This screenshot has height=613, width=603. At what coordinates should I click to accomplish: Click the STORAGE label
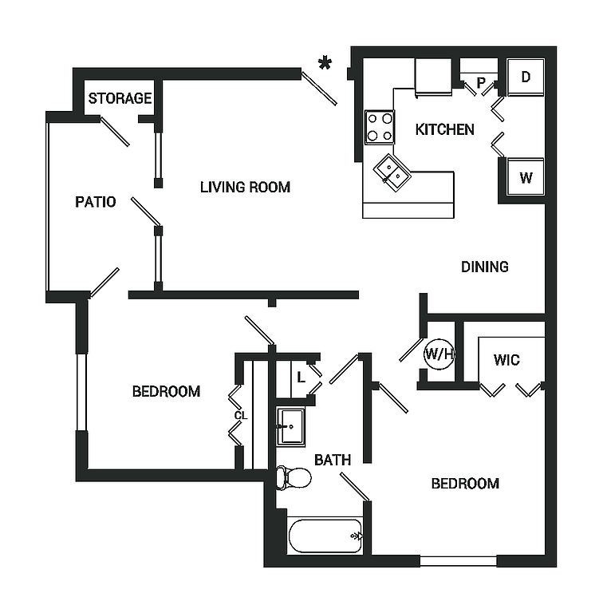pyautogui.click(x=120, y=99)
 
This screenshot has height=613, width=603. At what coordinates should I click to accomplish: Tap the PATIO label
pyautogui.click(x=96, y=202)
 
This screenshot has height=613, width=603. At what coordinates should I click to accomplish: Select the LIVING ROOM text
pyautogui.click(x=245, y=188)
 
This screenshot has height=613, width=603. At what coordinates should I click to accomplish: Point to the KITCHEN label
pyautogui.click(x=445, y=129)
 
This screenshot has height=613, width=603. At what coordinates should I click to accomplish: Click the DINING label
pyautogui.click(x=485, y=267)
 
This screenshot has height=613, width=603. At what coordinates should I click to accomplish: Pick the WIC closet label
pyautogui.click(x=506, y=360)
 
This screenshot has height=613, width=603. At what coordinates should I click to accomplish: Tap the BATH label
pyautogui.click(x=333, y=460)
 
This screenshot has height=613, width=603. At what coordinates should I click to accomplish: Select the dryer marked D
pyautogui.click(x=526, y=77)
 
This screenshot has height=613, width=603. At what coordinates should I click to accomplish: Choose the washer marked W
pyautogui.click(x=526, y=177)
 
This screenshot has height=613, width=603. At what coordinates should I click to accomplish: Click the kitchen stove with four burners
pyautogui.click(x=380, y=126)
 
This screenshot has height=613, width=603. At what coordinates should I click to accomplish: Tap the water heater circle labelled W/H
pyautogui.click(x=438, y=354)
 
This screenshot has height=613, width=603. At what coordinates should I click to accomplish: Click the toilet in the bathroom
pyautogui.click(x=293, y=478)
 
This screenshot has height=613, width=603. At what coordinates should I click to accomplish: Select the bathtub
pyautogui.click(x=325, y=536)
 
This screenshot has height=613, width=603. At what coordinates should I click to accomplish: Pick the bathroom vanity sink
pyautogui.click(x=290, y=426)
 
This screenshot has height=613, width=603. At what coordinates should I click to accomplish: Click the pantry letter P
pyautogui.click(x=481, y=81)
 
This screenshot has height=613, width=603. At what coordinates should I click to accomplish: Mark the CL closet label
pyautogui.click(x=240, y=415)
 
